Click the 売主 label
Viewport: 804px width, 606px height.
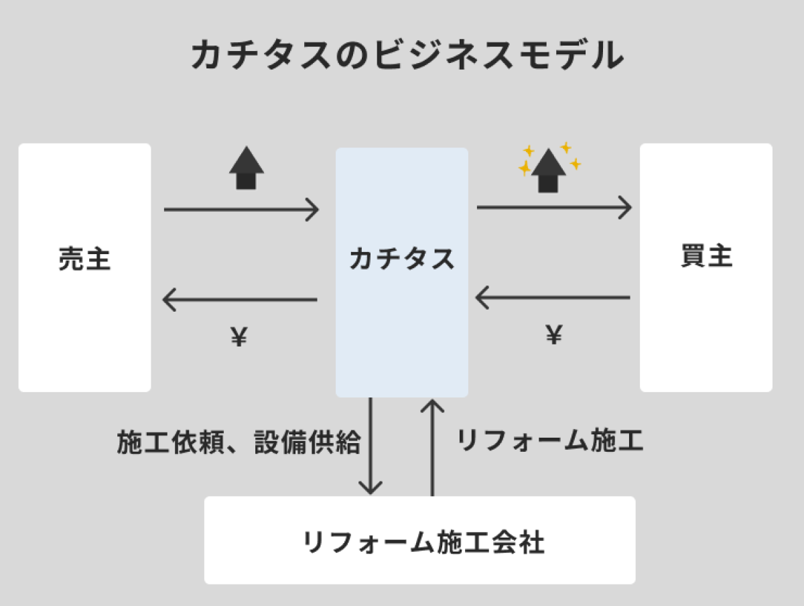(84, 259)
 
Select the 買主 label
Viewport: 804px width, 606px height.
(706, 257)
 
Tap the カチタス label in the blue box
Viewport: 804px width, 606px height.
(401, 259)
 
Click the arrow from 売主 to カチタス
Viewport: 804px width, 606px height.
(241, 210)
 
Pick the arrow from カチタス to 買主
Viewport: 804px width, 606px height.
(554, 207)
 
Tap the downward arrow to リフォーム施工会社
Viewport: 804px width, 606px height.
(371, 446)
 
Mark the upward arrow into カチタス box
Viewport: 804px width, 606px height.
(433, 446)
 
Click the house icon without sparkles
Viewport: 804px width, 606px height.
(247, 168)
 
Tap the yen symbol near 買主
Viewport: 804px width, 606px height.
(553, 335)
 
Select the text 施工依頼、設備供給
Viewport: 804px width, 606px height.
(239, 442)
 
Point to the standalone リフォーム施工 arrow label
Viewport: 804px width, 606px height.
(550, 440)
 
